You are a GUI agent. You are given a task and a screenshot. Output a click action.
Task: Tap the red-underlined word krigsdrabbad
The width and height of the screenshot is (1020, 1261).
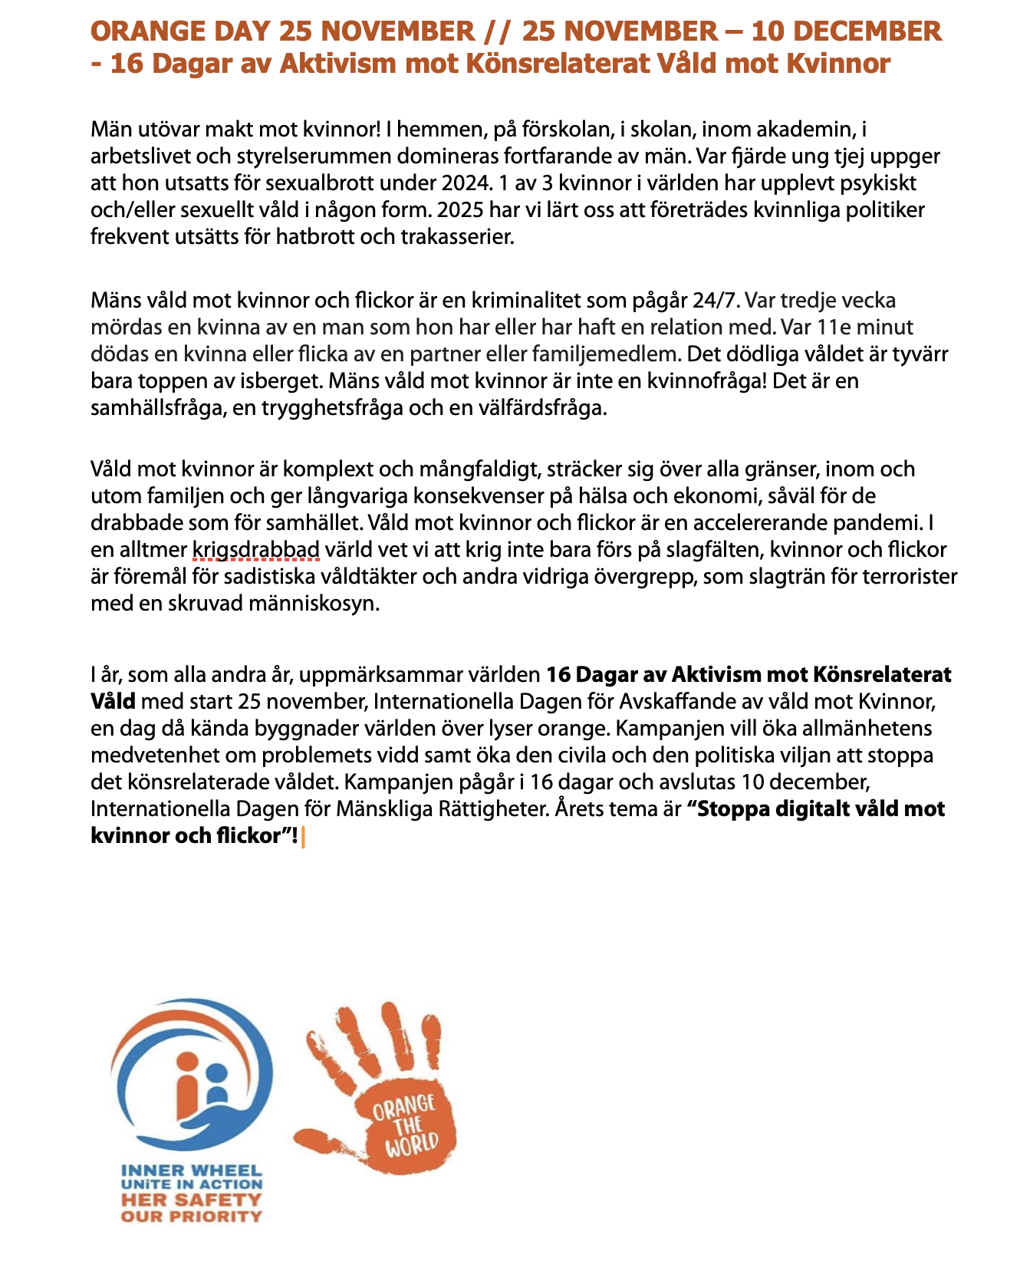click(256, 550)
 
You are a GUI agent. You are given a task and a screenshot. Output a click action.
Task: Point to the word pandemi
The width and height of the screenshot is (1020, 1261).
click(880, 523)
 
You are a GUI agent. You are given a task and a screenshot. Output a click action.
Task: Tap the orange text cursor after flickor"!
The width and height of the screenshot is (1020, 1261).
click(304, 837)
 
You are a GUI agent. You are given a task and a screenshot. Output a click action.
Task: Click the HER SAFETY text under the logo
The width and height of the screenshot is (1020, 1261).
click(191, 1200)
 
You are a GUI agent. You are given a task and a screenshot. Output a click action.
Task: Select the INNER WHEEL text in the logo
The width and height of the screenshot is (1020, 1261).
click(191, 1171)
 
